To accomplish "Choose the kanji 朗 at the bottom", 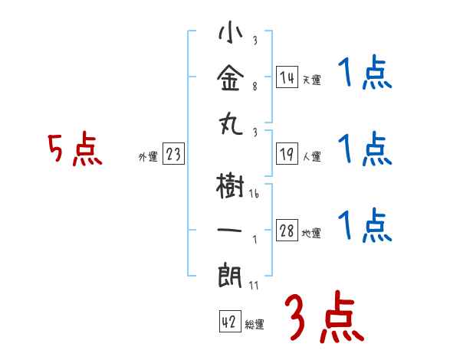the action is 230,273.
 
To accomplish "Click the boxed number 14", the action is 287,77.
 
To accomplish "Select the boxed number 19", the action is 287,155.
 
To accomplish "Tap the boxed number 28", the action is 287,231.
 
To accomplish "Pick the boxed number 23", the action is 173,155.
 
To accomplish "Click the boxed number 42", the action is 228,322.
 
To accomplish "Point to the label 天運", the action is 311,79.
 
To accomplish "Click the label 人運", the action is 311,157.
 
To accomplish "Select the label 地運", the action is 311,234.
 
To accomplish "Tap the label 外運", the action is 147,157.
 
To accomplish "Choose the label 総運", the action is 255,324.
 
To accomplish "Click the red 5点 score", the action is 75,150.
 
